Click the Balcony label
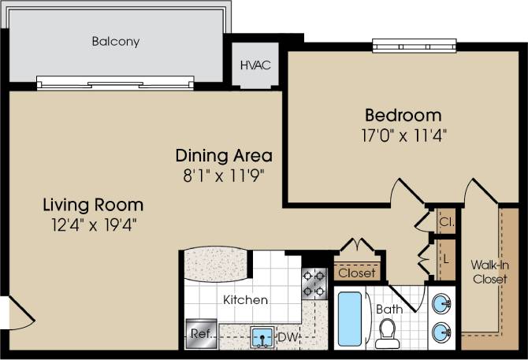[115, 42]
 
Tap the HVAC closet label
[255, 65]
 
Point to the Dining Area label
[224, 154]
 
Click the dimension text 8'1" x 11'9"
[224, 173]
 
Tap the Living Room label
[93, 206]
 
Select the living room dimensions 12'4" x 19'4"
[93, 225]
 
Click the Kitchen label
[245, 300]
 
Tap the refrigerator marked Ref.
[199, 333]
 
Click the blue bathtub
[350, 318]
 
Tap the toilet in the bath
[387, 334]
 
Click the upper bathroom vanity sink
[442, 302]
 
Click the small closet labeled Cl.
[445, 222]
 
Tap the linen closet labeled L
[445, 258]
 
